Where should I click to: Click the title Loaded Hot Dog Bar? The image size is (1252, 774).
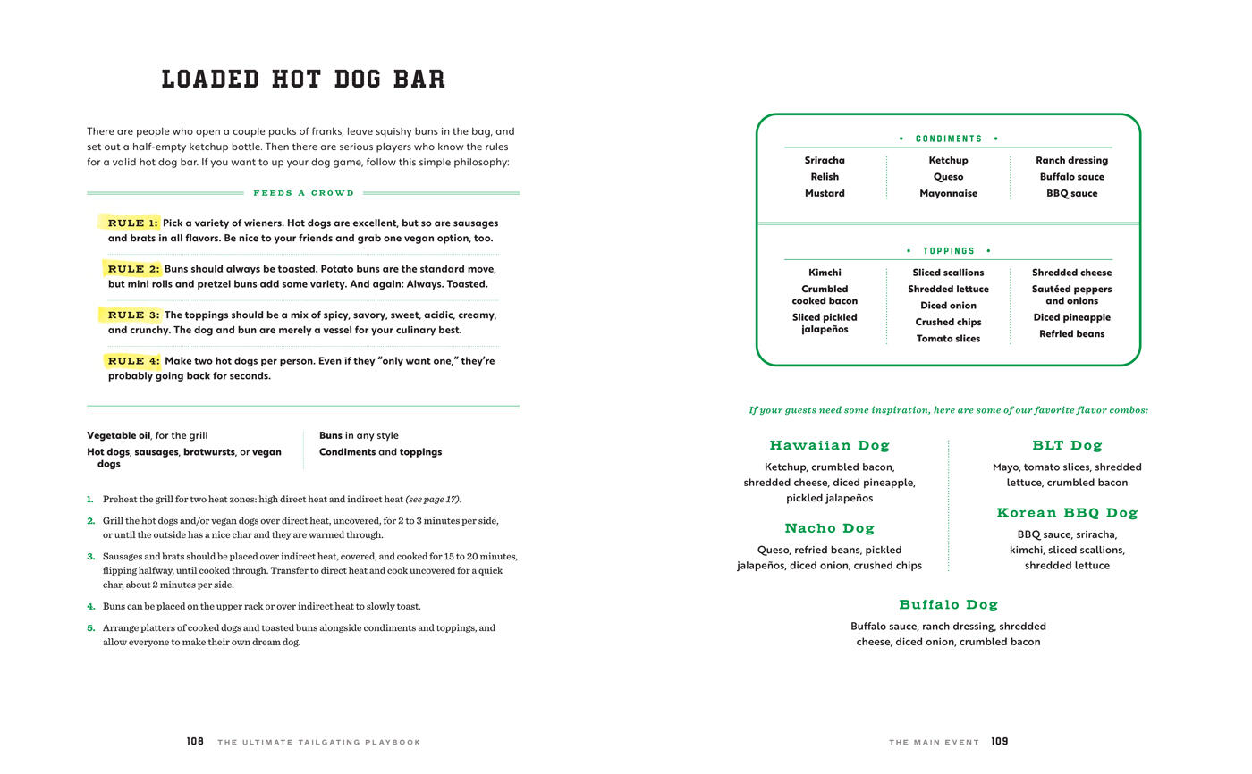click(x=303, y=79)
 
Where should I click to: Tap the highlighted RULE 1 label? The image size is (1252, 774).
click(x=132, y=223)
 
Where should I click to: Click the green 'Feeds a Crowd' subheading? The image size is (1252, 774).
click(x=303, y=193)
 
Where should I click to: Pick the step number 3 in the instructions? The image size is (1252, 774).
click(x=90, y=557)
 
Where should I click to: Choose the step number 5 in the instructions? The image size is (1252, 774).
click(x=90, y=628)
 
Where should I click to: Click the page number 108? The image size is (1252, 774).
click(x=195, y=742)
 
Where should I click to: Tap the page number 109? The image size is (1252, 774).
click(x=999, y=742)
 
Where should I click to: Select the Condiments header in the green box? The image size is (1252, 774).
click(x=948, y=139)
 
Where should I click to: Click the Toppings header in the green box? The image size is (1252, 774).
click(x=948, y=251)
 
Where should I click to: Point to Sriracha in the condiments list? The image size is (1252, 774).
click(x=825, y=161)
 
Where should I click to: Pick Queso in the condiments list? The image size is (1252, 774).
click(x=948, y=177)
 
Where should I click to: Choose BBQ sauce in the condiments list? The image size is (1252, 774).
click(x=1071, y=193)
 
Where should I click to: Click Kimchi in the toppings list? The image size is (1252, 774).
click(x=825, y=273)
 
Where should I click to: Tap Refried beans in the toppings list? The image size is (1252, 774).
click(x=1071, y=334)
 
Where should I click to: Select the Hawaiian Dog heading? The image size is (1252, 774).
click(x=829, y=445)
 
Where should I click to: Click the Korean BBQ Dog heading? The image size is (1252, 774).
click(x=1067, y=513)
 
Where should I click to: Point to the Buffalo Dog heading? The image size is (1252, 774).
click(x=948, y=605)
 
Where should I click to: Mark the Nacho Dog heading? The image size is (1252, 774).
click(x=829, y=528)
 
